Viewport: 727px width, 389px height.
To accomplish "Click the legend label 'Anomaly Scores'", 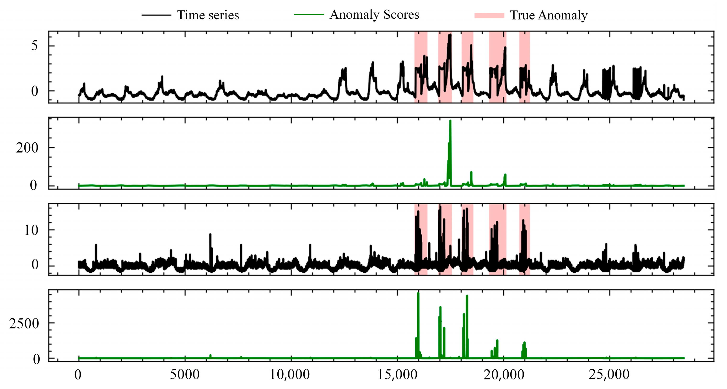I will click(374, 15).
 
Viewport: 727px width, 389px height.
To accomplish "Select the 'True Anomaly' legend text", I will click(548, 15).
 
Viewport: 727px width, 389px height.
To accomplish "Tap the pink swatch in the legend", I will click(489, 15).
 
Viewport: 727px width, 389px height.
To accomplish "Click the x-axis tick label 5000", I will click(185, 375).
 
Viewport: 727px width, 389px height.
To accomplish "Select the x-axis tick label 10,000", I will click(290, 375).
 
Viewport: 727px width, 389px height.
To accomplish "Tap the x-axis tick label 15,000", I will click(397, 375).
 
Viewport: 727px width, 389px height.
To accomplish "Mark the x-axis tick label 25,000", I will click(609, 375).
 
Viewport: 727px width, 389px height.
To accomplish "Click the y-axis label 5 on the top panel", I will click(34, 46).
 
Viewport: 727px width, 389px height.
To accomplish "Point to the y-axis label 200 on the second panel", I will click(27, 148).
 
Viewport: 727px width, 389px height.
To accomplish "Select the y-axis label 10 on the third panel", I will click(31, 230).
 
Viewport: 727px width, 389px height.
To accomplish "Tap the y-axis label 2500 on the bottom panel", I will click(24, 324).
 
